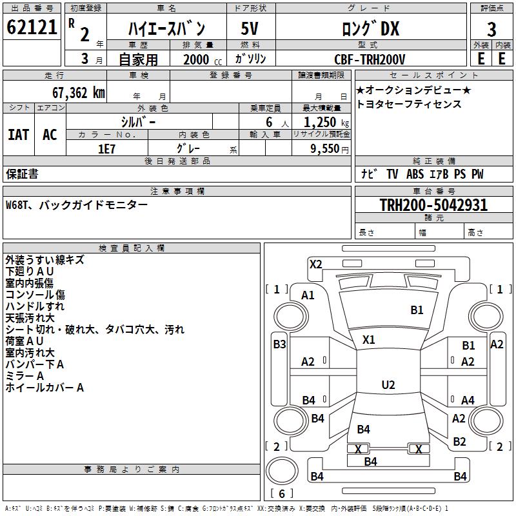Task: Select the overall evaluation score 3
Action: pyautogui.click(x=491, y=30)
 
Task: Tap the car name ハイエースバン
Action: pyautogui.click(x=166, y=28)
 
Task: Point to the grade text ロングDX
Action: pyautogui.click(x=370, y=28)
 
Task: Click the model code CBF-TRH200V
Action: pyautogui.click(x=370, y=59)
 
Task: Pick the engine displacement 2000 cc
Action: pyautogui.click(x=197, y=59)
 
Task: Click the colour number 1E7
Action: pyautogui.click(x=106, y=149)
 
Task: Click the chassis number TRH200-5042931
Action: pyautogui.click(x=433, y=205)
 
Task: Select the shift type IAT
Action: pyautogui.click(x=18, y=135)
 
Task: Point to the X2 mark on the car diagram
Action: pyautogui.click(x=315, y=264)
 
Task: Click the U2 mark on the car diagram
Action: pyautogui.click(x=388, y=385)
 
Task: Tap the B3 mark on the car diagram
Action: pyautogui.click(x=279, y=344)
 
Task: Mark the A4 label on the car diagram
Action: pyautogui.click(x=468, y=401)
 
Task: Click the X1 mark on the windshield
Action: pyautogui.click(x=369, y=339)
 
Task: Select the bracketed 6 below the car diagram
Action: pyautogui.click(x=282, y=493)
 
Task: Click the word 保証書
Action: pyautogui.click(x=22, y=174)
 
